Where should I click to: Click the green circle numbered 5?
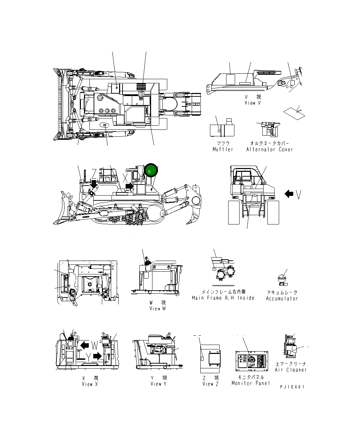151,170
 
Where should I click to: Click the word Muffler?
223,149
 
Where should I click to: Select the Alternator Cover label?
269,149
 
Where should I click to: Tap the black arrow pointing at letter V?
289,194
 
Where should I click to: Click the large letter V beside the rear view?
299,195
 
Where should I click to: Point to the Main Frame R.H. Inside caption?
223,298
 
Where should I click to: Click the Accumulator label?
282,298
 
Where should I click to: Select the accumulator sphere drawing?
282,277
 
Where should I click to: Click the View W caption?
157,308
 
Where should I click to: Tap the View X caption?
90,384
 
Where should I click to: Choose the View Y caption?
158,384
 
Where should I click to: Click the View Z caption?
210,384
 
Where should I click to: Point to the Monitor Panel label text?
251,383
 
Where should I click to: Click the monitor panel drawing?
252,363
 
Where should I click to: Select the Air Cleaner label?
291,370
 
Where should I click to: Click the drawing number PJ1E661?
293,387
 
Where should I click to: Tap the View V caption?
253,103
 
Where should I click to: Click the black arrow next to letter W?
84,345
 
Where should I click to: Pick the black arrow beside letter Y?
98,356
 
